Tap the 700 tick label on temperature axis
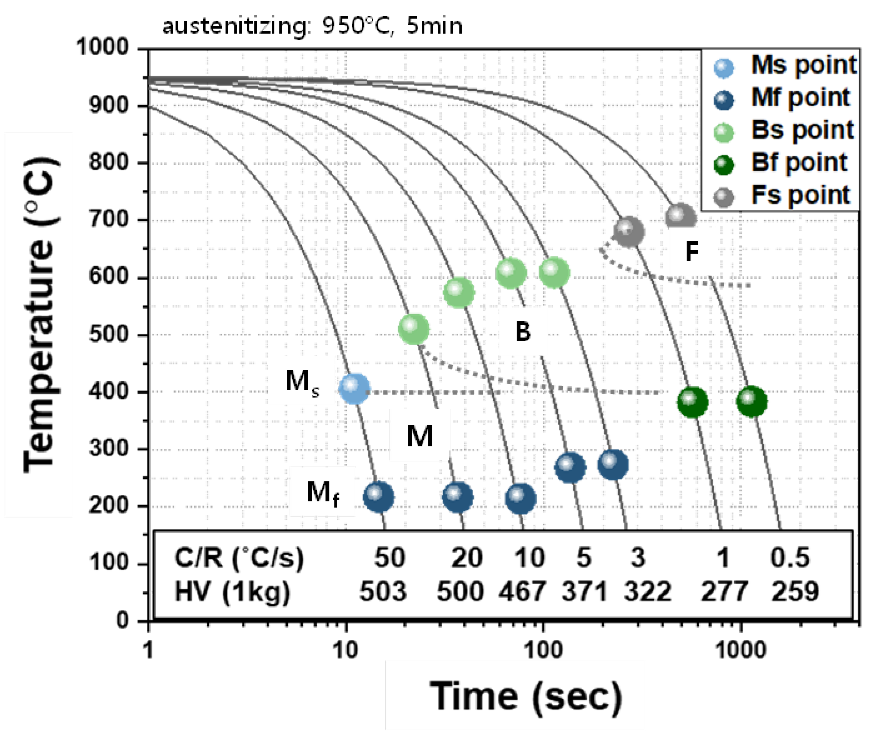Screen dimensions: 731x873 coord(109,219)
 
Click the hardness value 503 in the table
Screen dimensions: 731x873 coord(383,592)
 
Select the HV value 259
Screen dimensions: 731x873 coord(795,592)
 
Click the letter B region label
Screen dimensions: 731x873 coord(523,332)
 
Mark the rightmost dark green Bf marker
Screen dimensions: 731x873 coord(751,401)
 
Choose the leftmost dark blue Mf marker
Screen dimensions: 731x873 coord(378,497)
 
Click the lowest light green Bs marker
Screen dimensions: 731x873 coord(414,329)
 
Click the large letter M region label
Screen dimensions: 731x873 coord(419,436)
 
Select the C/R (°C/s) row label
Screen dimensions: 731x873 coord(239,558)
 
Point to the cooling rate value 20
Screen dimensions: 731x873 coord(466,558)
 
